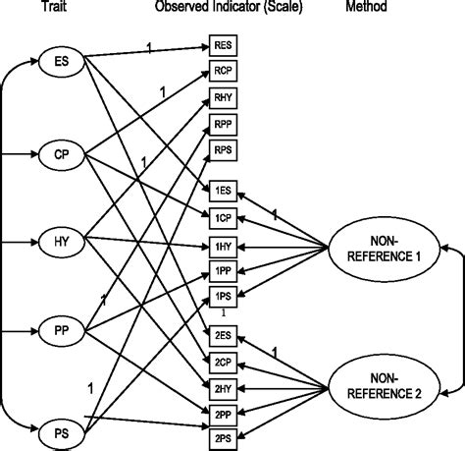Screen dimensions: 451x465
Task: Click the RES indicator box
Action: [222, 45]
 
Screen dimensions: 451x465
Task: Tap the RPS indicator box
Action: [222, 150]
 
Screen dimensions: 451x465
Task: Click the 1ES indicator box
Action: [222, 189]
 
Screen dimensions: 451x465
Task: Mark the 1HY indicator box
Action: [222, 246]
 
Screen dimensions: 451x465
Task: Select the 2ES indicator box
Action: [222, 336]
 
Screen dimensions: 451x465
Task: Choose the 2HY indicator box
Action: [222, 389]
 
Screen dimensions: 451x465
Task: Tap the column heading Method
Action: [379, 8]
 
